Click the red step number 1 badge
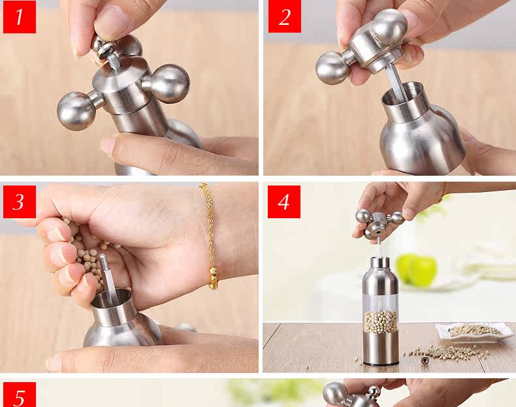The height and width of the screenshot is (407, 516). [x=20, y=17]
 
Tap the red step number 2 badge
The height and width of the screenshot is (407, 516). [x=285, y=16]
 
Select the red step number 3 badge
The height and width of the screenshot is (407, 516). [x=20, y=202]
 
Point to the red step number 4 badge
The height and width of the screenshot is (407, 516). [x=284, y=202]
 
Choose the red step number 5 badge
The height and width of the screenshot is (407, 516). [x=20, y=395]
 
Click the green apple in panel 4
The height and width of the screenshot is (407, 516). [x=416, y=270]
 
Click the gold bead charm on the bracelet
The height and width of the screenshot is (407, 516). [x=213, y=278]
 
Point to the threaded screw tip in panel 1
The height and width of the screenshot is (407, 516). [x=114, y=62]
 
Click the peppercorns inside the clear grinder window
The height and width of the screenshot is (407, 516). [x=380, y=321]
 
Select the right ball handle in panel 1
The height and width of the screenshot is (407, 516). [x=169, y=84]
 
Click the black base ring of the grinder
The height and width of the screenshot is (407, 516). [x=381, y=364]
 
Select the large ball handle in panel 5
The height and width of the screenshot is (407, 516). [x=336, y=394]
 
